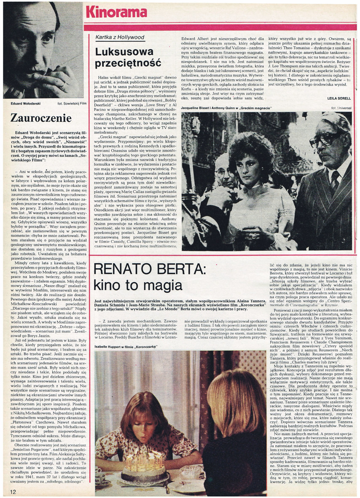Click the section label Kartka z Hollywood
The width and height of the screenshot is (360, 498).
[120, 37]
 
